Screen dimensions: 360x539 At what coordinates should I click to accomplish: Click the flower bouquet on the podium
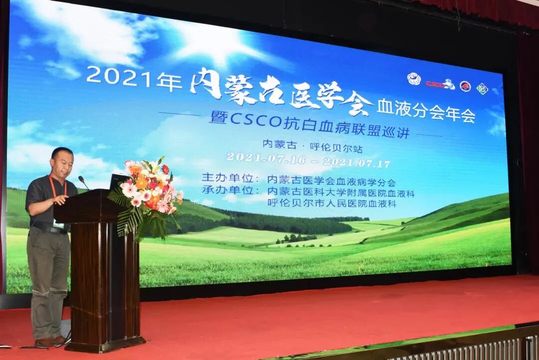(x=147, y=192)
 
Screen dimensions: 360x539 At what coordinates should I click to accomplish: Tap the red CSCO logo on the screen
(x=435, y=84)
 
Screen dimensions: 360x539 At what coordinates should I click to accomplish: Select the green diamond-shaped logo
(x=482, y=89)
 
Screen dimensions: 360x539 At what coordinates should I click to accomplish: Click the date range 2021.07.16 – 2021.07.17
(x=307, y=160)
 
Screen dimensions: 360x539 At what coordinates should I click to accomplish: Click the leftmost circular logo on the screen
(x=414, y=79)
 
